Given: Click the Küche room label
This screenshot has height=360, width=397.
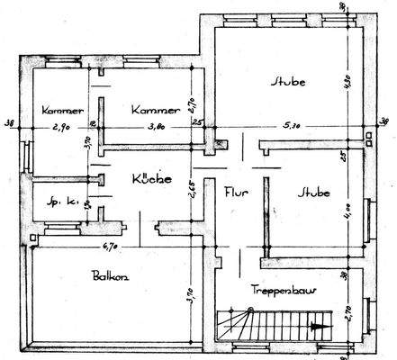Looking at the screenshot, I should tap(150, 179).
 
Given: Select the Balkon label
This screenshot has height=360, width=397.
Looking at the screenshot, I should tap(109, 276).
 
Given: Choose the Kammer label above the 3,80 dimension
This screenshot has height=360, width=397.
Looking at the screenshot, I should tap(151, 109).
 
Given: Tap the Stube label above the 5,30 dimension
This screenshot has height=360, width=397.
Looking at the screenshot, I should tap(288, 82).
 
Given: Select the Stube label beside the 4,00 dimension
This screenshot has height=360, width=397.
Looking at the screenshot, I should tap(311, 193).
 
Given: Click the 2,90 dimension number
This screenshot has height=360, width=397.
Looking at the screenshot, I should tap(60, 129).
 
